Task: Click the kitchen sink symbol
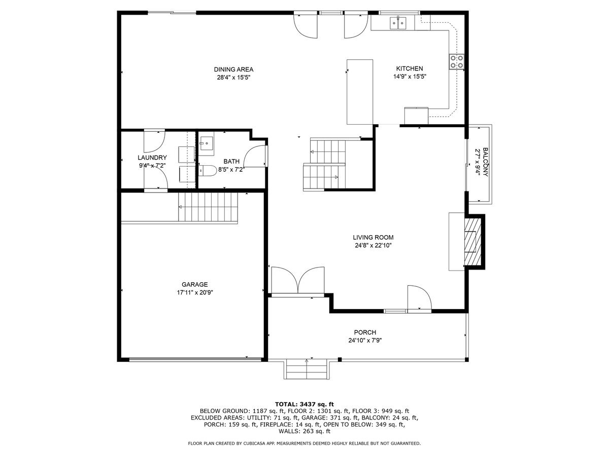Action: coord(398,22)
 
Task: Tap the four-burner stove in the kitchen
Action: coord(456,61)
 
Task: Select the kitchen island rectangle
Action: coord(360,92)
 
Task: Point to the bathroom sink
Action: coord(206,145)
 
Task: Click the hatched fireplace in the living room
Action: coord(473,241)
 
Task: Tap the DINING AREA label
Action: coord(233,69)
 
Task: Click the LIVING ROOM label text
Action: coord(373,237)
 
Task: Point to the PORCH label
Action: coord(365,332)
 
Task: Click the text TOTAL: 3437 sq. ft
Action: coord(304,404)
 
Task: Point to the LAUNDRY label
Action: coord(152,158)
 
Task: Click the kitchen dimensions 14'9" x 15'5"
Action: coord(409,77)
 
